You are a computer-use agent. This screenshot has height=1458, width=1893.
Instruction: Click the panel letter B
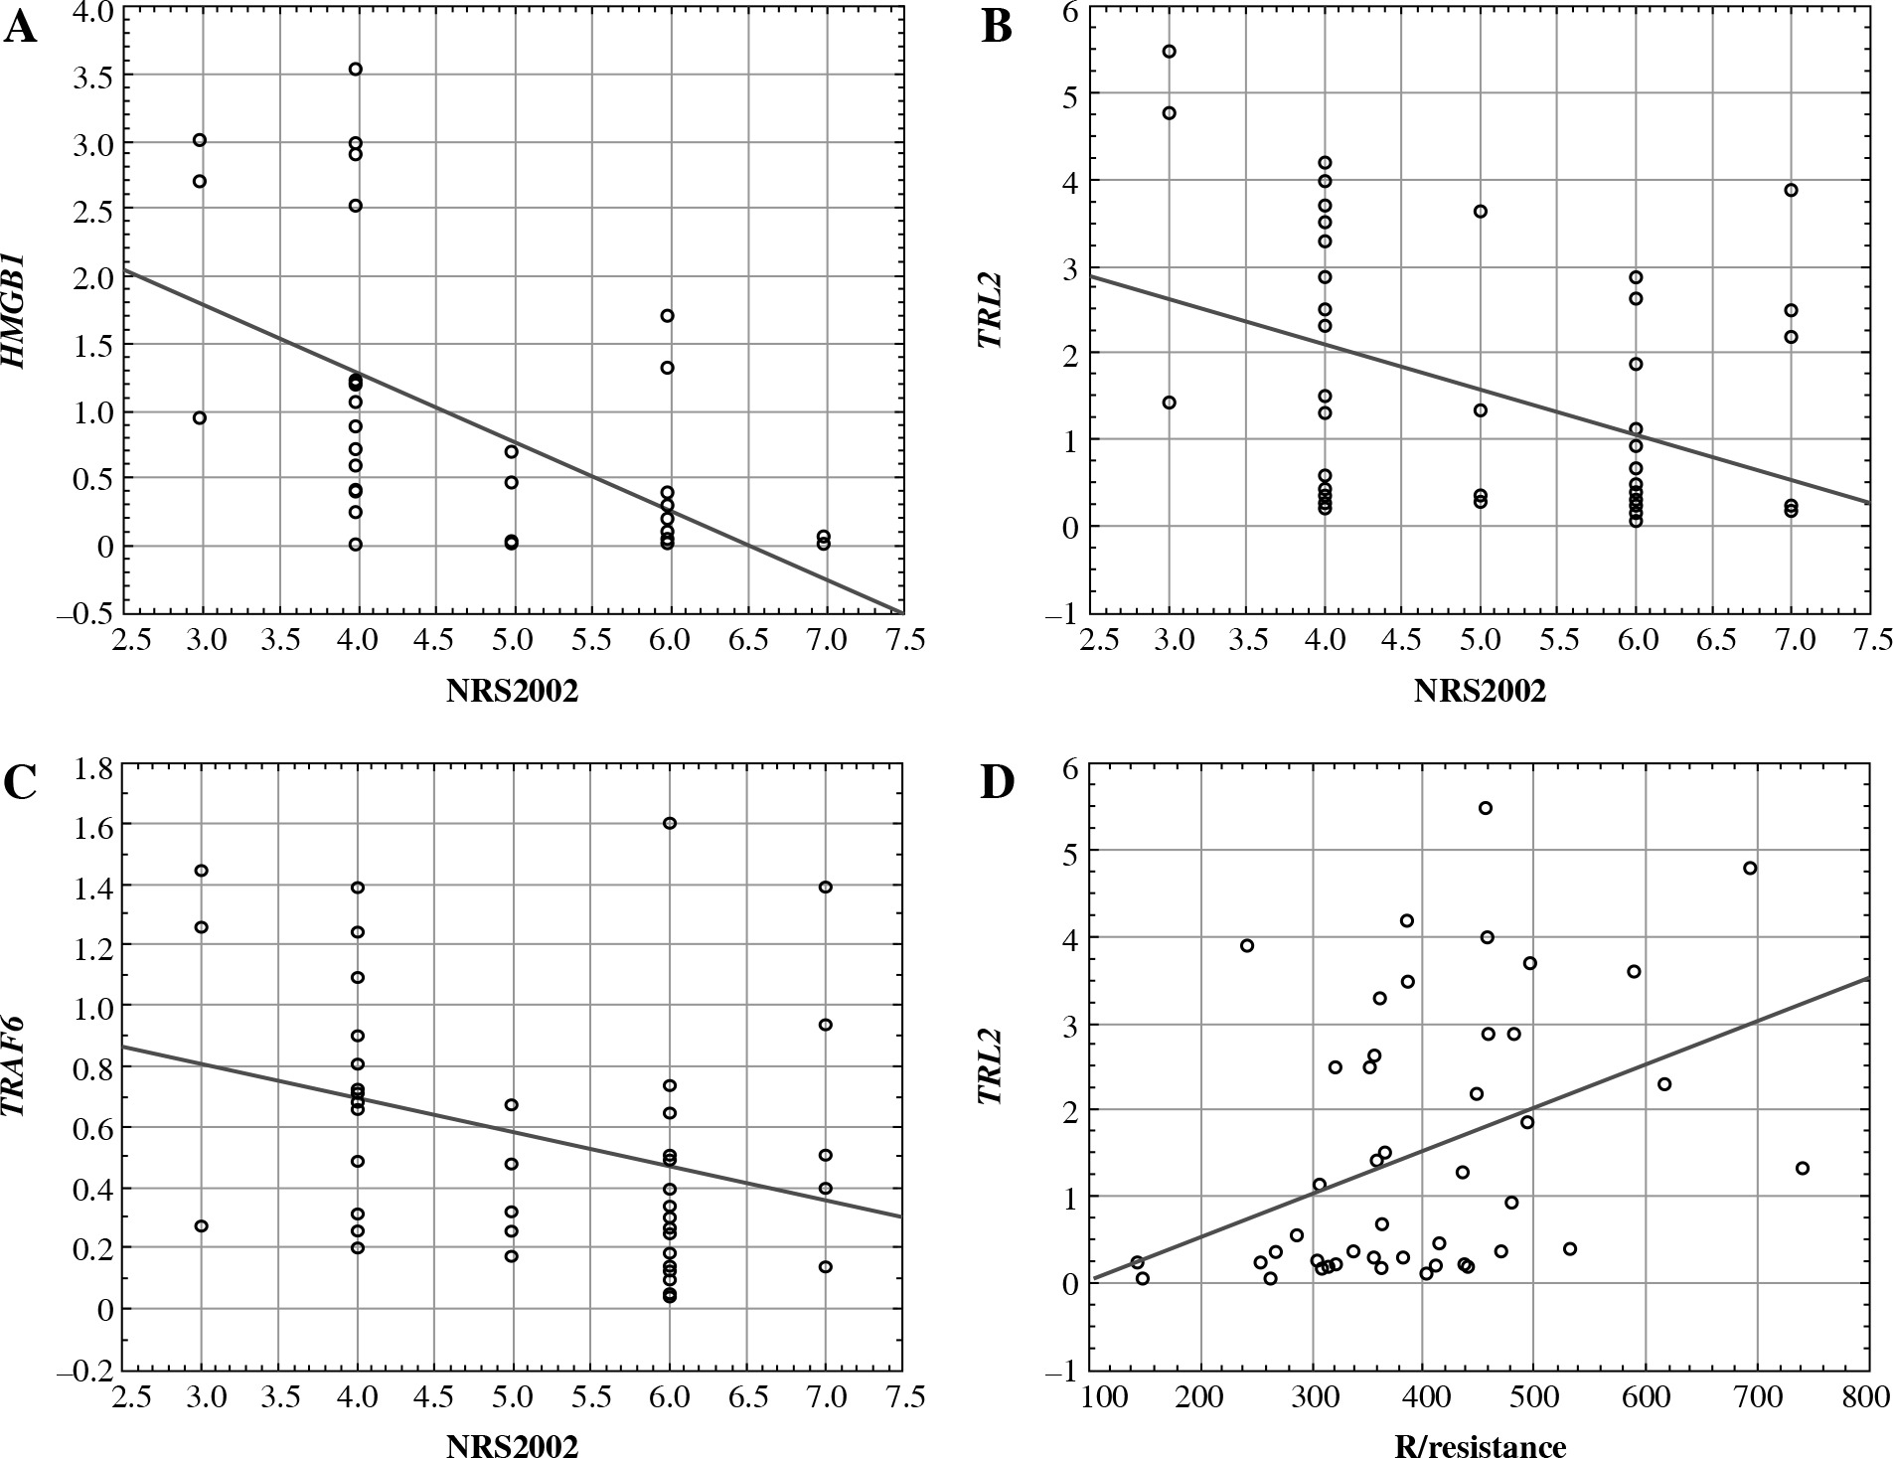997,28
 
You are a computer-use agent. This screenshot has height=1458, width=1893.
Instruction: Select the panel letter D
998,783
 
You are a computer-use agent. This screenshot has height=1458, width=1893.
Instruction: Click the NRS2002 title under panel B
1480,692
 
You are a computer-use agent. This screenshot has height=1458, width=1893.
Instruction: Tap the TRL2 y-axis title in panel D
988,1066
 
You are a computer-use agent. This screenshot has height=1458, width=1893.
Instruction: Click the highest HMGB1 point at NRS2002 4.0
355,69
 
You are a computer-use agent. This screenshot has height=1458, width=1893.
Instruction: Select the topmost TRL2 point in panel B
1169,52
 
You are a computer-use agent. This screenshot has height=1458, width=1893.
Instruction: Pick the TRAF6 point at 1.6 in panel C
670,823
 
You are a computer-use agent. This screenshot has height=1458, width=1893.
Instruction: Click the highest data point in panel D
1486,808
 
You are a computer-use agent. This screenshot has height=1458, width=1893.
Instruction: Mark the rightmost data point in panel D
1803,1168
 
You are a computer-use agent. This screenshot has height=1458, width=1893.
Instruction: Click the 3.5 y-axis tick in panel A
92,78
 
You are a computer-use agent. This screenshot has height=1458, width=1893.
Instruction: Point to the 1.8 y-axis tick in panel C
92,765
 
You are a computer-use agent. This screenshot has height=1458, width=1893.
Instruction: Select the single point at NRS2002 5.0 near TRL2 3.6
1480,212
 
